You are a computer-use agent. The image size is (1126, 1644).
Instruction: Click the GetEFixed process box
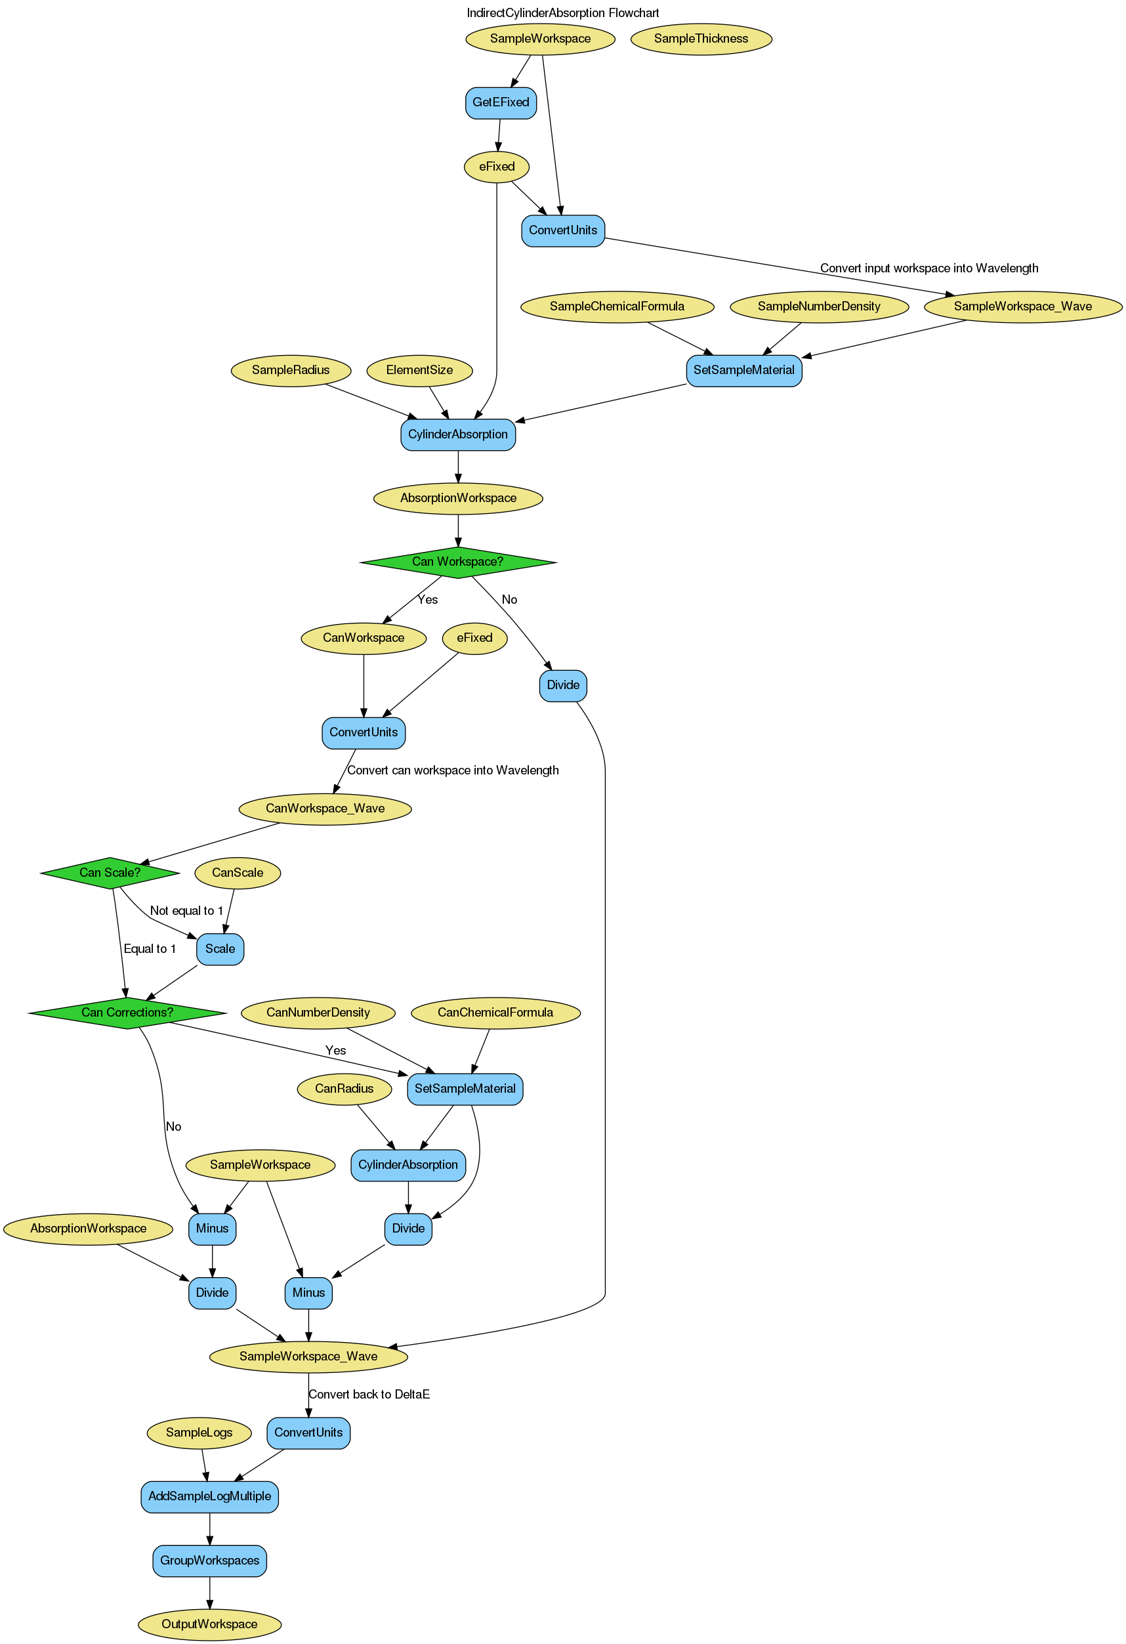click(500, 102)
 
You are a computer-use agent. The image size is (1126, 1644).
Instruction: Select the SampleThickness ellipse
click(700, 39)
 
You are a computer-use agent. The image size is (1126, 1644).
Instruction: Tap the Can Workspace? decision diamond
click(457, 562)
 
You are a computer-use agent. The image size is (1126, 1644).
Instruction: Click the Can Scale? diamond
click(110, 872)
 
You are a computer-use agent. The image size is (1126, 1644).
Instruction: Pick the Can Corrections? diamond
click(127, 1012)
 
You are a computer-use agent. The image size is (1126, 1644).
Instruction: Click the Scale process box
click(220, 948)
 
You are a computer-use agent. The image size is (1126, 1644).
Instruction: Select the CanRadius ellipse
click(344, 1089)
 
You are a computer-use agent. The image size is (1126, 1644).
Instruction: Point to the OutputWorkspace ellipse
click(209, 1624)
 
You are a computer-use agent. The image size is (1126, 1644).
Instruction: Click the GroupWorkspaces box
click(209, 1560)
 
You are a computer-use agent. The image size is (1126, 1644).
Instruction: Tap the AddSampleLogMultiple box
click(209, 1496)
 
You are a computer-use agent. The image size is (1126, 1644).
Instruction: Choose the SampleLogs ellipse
click(199, 1433)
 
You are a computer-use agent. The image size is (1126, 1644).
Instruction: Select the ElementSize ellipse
click(419, 370)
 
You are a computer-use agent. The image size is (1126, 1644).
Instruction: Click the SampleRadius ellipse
click(291, 370)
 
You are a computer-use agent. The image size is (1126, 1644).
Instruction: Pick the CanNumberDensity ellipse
click(318, 1012)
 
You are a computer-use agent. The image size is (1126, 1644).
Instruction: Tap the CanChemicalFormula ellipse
click(495, 1012)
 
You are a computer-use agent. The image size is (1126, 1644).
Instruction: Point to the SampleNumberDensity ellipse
click(818, 306)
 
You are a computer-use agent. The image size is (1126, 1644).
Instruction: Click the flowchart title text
click(562, 12)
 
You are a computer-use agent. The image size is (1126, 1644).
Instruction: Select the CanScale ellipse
click(238, 872)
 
